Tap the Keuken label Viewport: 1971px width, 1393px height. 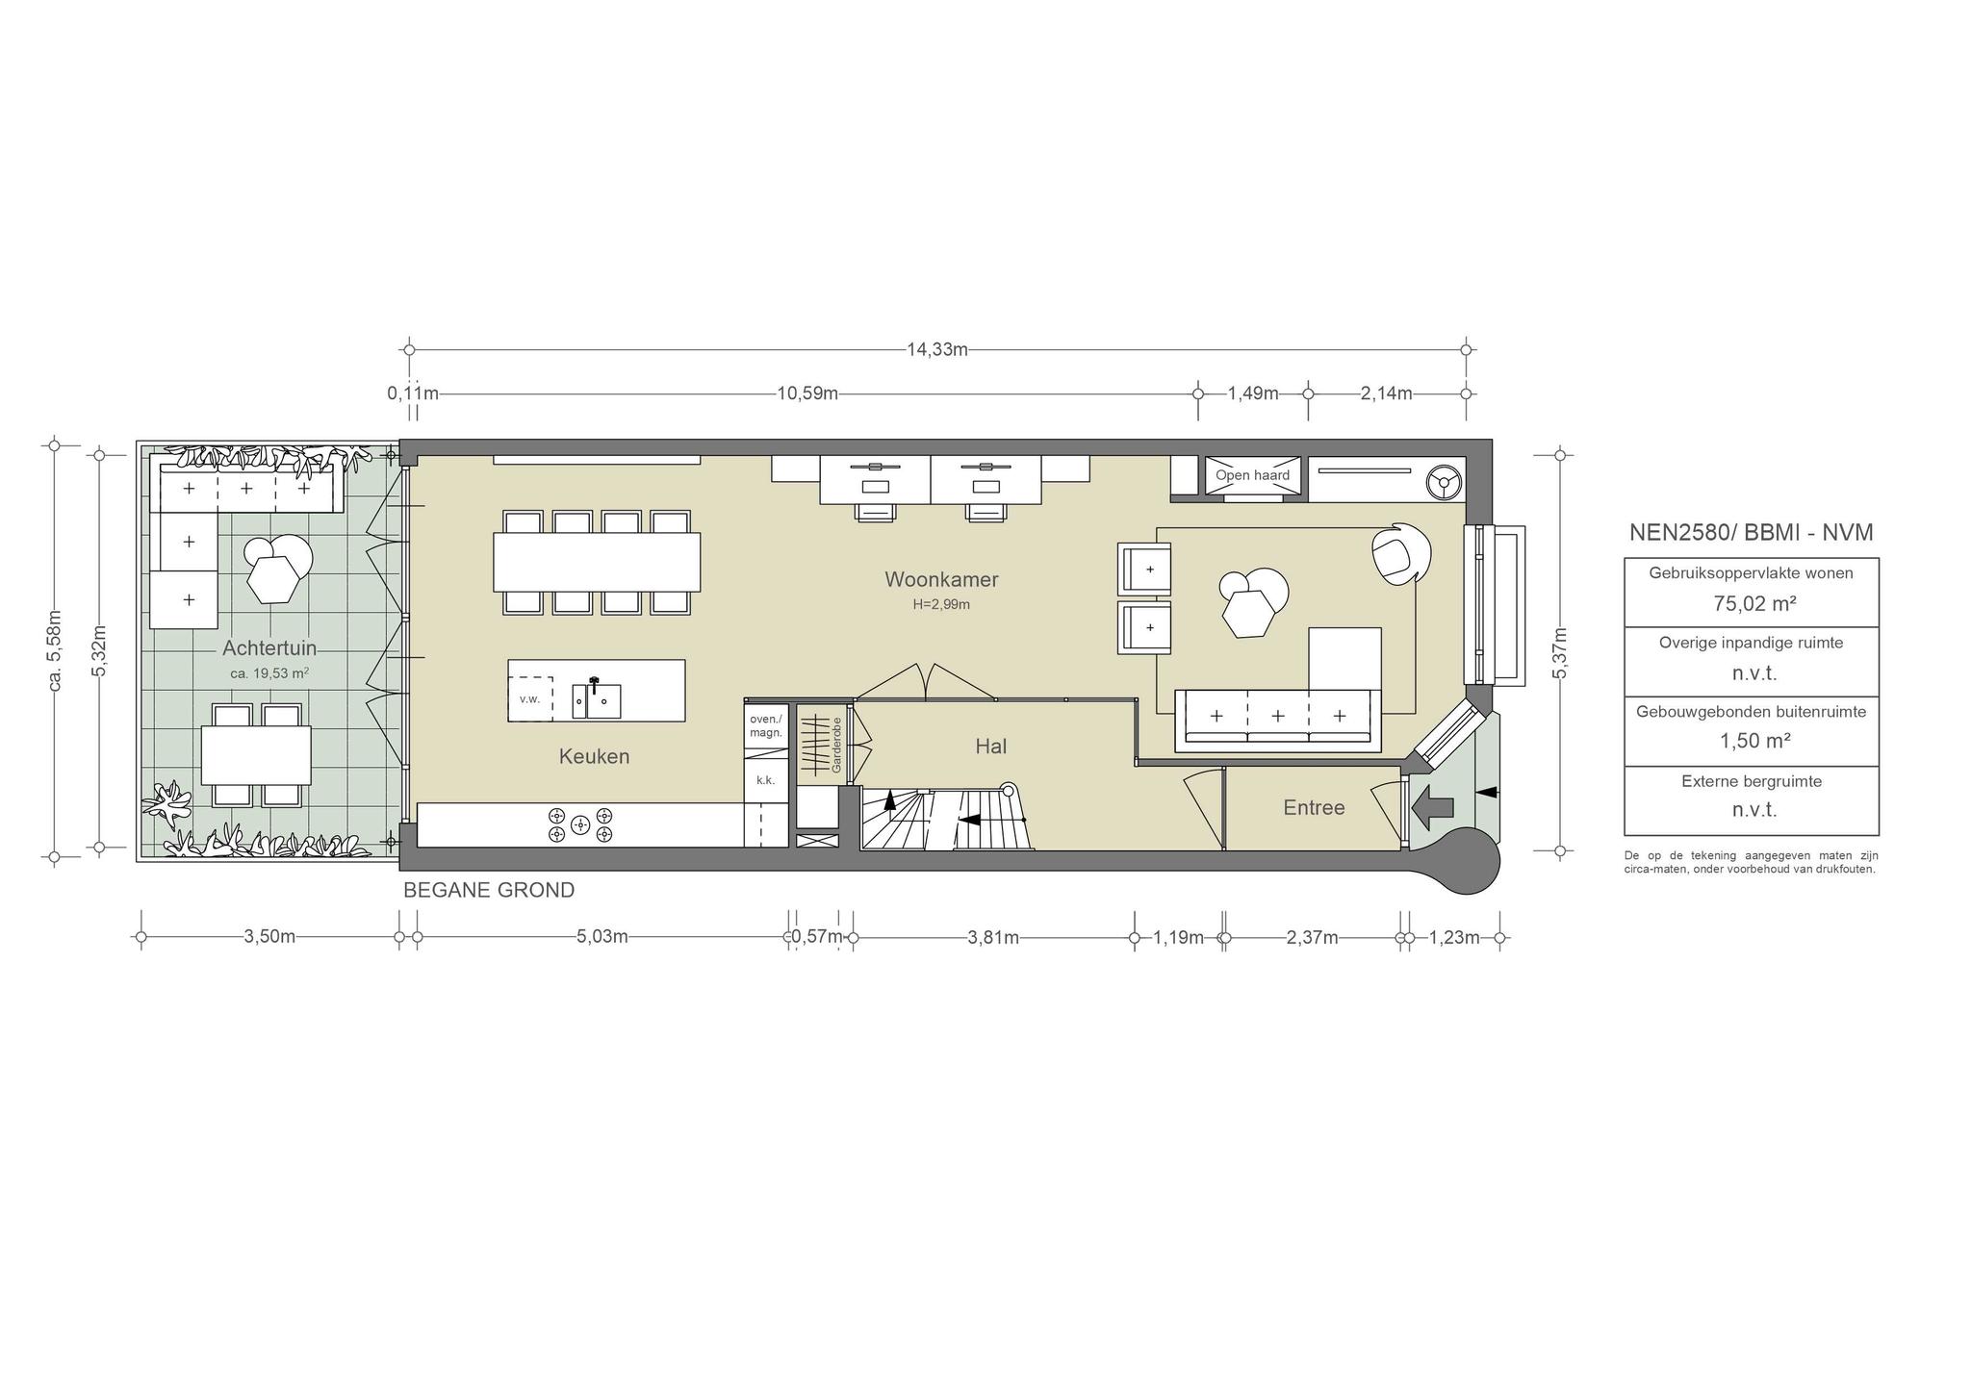(x=594, y=756)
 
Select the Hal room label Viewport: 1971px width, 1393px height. (x=990, y=746)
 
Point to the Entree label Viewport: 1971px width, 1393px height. (x=1314, y=807)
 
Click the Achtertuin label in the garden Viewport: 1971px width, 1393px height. (x=269, y=647)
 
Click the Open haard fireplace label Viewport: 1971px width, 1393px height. (x=1252, y=475)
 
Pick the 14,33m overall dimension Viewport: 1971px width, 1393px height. (x=936, y=349)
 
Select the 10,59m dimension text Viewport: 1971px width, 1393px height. (x=806, y=393)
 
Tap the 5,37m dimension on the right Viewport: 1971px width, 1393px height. (x=1560, y=652)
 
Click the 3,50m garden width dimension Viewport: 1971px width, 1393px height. (x=269, y=937)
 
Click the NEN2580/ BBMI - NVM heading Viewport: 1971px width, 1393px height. (x=1752, y=532)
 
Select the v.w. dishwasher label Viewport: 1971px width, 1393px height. (x=529, y=699)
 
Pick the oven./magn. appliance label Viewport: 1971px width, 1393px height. (x=766, y=725)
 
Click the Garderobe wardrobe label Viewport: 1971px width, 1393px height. (x=836, y=745)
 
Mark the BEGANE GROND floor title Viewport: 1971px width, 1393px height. (x=489, y=891)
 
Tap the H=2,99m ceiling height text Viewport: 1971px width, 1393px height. (x=941, y=604)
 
